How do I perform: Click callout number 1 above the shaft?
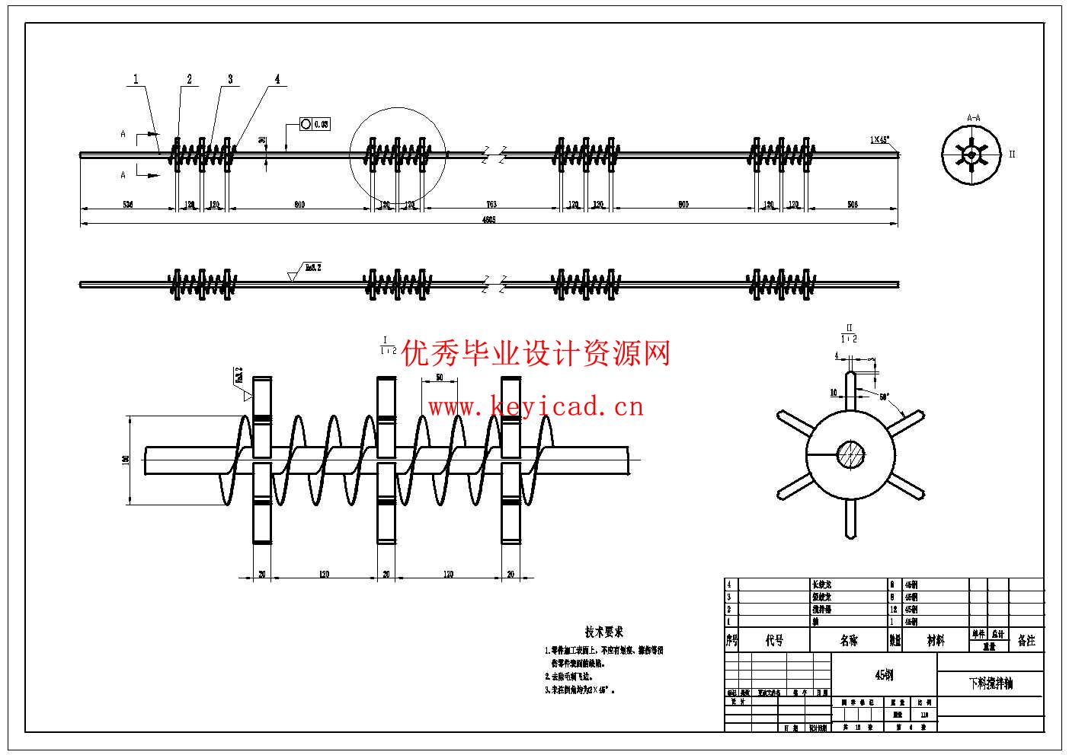(x=136, y=78)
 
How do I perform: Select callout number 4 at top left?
(x=277, y=78)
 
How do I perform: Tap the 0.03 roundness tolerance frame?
(x=314, y=124)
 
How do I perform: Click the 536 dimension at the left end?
(x=127, y=205)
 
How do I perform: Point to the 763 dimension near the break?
(x=491, y=205)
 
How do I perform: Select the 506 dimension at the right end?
(x=852, y=205)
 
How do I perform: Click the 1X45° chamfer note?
(x=880, y=140)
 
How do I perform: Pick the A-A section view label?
(x=973, y=118)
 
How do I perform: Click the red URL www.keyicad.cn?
(x=536, y=407)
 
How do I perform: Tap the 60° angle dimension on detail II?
(x=884, y=397)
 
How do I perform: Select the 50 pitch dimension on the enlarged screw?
(x=440, y=377)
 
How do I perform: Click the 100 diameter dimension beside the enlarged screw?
(x=126, y=459)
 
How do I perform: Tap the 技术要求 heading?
(x=604, y=632)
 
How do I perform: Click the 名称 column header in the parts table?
(x=848, y=641)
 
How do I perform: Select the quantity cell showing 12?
(x=893, y=610)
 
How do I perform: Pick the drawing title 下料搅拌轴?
(x=991, y=683)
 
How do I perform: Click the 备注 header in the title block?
(x=1026, y=641)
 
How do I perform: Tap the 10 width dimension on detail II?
(x=834, y=393)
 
